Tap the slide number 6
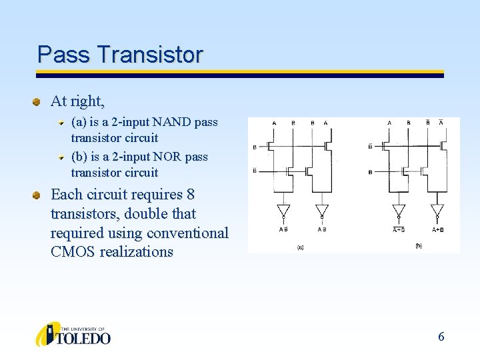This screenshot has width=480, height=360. [441, 337]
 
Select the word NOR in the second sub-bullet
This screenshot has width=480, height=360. [171, 157]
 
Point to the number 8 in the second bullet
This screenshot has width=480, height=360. [191, 195]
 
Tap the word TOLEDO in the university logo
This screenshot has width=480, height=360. [85, 338]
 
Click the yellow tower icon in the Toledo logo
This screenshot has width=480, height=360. [47, 335]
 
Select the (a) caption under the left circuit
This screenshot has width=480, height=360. [300, 247]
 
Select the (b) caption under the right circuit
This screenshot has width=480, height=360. [418, 245]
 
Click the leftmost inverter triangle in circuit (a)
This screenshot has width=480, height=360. [284, 210]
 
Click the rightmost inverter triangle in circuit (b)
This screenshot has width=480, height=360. [437, 210]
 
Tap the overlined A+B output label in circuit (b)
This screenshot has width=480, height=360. [399, 229]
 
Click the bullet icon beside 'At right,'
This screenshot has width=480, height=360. [39, 102]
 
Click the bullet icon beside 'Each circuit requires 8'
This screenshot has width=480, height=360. [39, 195]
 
